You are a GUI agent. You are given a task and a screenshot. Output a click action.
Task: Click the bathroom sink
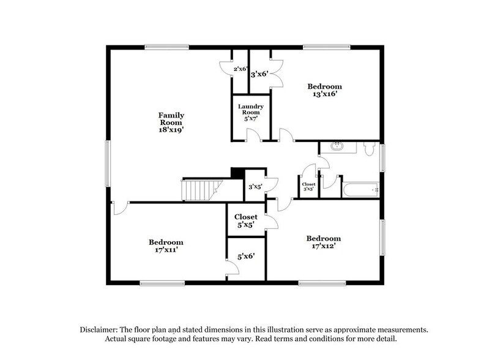point(337,147)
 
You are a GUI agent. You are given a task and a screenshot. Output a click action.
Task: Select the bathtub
point(361,190)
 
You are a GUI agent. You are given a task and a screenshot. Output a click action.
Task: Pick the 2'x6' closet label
point(239,69)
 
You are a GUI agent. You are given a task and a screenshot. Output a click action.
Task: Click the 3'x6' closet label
point(259,73)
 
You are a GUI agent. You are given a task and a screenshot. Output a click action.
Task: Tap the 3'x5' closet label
point(255,188)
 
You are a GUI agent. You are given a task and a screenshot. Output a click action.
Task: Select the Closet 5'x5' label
point(246,220)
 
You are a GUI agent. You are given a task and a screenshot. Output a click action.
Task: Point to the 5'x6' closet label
point(246,258)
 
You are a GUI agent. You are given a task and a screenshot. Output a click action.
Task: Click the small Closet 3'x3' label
point(308,186)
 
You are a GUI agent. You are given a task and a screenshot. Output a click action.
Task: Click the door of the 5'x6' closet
point(232,268)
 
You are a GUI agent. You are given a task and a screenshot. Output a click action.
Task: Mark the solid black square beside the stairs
point(237,173)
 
